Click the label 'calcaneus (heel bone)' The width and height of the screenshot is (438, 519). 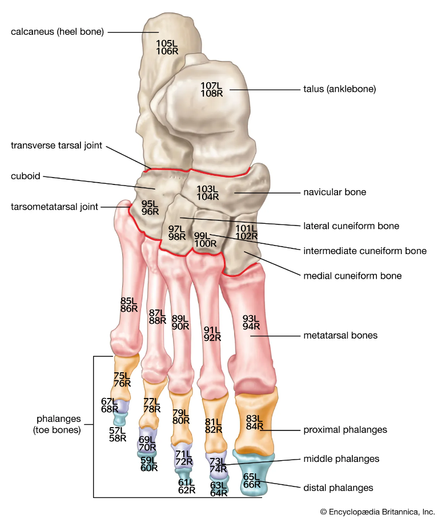pyautogui.click(x=57, y=31)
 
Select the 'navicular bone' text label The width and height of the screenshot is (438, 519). pyautogui.click(x=335, y=192)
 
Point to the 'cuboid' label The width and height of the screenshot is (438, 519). pyautogui.click(x=26, y=176)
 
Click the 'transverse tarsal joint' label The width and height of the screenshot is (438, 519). pyautogui.click(x=57, y=145)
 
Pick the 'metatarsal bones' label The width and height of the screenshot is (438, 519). pyautogui.click(x=341, y=335)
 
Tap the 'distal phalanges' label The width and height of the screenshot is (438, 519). pyautogui.click(x=337, y=488)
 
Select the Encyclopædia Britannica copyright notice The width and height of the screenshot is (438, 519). pyautogui.click(x=377, y=512)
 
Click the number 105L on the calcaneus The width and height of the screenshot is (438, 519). pyautogui.click(x=167, y=43)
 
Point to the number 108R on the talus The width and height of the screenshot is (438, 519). pyautogui.click(x=211, y=94)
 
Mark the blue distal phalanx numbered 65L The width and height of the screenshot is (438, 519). pyautogui.click(x=251, y=477)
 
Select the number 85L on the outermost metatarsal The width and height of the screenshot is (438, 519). pyautogui.click(x=128, y=300)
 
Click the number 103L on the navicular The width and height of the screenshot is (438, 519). pyautogui.click(x=207, y=188)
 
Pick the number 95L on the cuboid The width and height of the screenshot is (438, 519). pyautogui.click(x=150, y=203)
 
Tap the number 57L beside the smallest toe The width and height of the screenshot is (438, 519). pyautogui.click(x=118, y=430)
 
